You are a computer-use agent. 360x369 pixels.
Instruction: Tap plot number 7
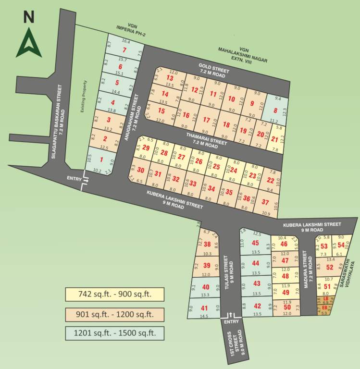[x=124, y=50]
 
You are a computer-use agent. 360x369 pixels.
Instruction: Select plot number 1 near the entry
[x=101, y=160]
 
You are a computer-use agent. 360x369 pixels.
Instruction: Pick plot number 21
[x=274, y=139]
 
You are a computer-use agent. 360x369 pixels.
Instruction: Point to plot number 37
[x=265, y=202]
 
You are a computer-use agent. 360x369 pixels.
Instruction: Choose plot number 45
[x=255, y=243]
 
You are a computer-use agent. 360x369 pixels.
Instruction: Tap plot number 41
[x=204, y=308]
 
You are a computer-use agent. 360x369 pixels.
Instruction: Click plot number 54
[x=341, y=246]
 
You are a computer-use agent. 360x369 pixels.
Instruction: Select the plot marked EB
[x=324, y=307]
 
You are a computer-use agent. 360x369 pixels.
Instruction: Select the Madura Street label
[x=305, y=272]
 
